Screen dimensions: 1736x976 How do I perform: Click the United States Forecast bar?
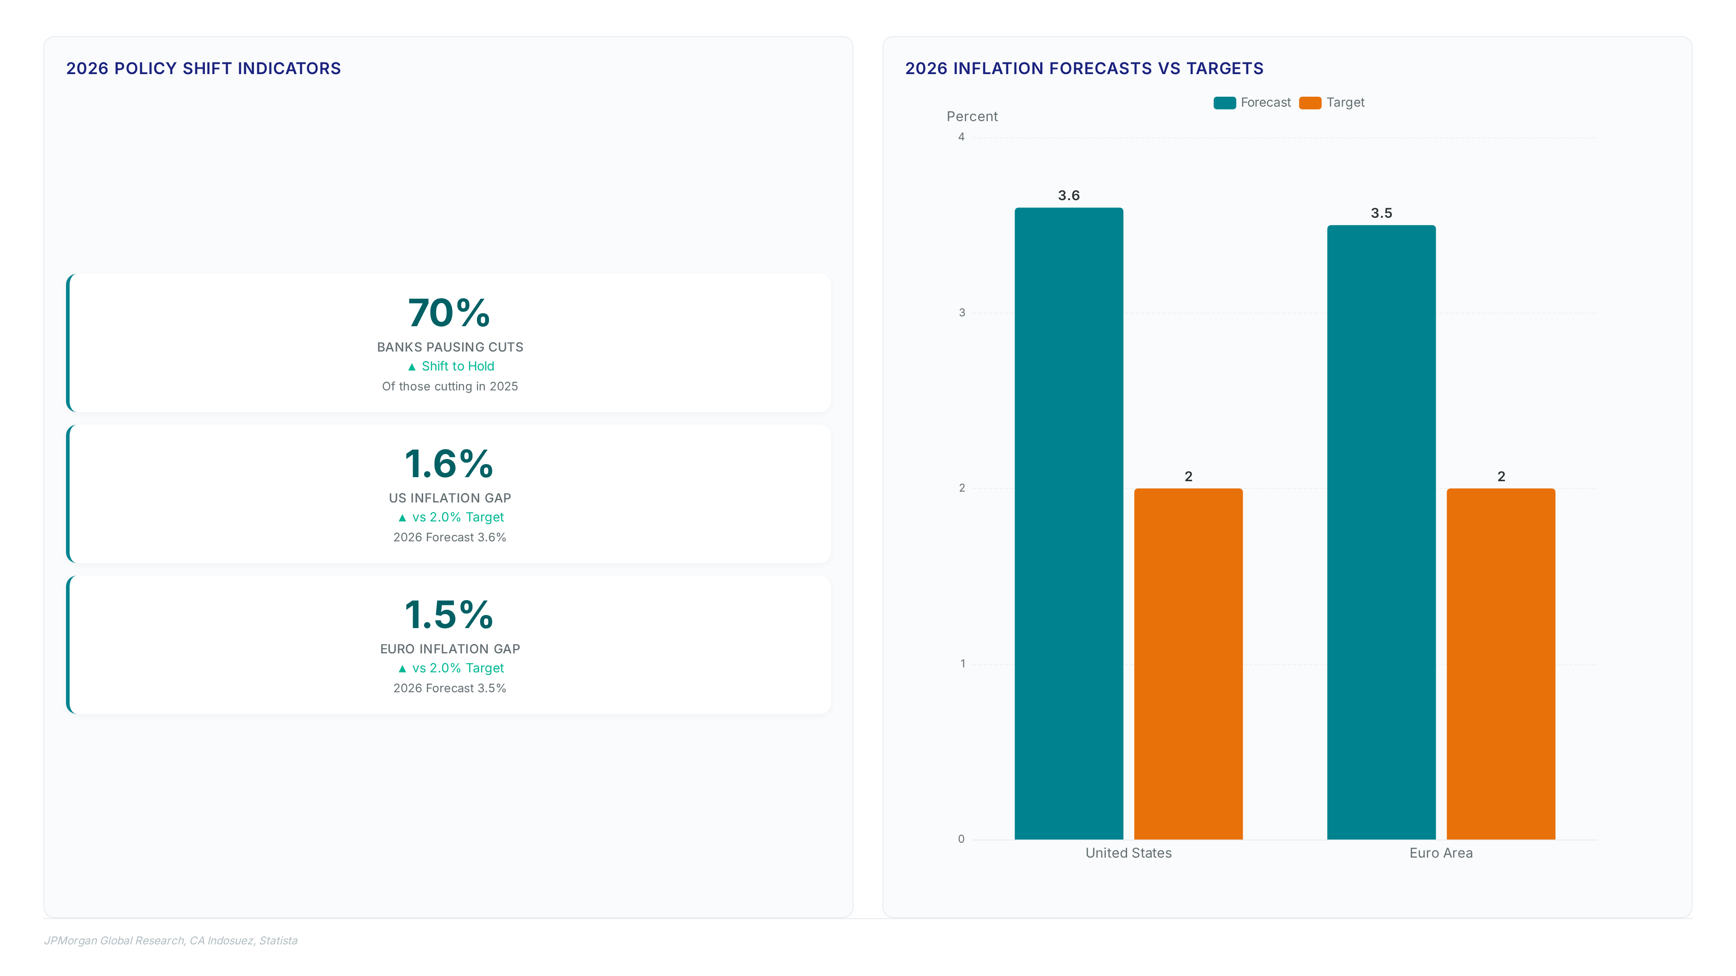click(1069, 523)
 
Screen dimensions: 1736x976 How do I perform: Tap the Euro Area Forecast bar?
click(1382, 532)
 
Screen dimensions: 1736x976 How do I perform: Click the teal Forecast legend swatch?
click(1225, 103)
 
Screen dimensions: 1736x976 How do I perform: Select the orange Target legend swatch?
click(1310, 103)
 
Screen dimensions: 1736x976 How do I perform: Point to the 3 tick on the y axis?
click(962, 313)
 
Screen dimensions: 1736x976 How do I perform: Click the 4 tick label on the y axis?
click(962, 137)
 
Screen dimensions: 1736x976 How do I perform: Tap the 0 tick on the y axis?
click(962, 839)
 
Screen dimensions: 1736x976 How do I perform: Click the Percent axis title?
click(972, 117)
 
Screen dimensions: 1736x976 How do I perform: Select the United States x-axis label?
click(1129, 853)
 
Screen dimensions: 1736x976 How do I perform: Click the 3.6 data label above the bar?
click(1069, 195)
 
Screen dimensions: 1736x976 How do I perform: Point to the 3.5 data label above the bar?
click(1382, 213)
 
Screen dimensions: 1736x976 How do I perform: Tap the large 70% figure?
click(449, 313)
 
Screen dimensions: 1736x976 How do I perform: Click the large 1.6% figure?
click(449, 464)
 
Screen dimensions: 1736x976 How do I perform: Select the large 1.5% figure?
click(449, 615)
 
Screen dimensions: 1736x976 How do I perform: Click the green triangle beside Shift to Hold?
click(412, 367)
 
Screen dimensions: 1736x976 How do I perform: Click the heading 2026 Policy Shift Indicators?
click(203, 69)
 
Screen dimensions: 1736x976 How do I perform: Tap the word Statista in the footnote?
click(278, 940)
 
